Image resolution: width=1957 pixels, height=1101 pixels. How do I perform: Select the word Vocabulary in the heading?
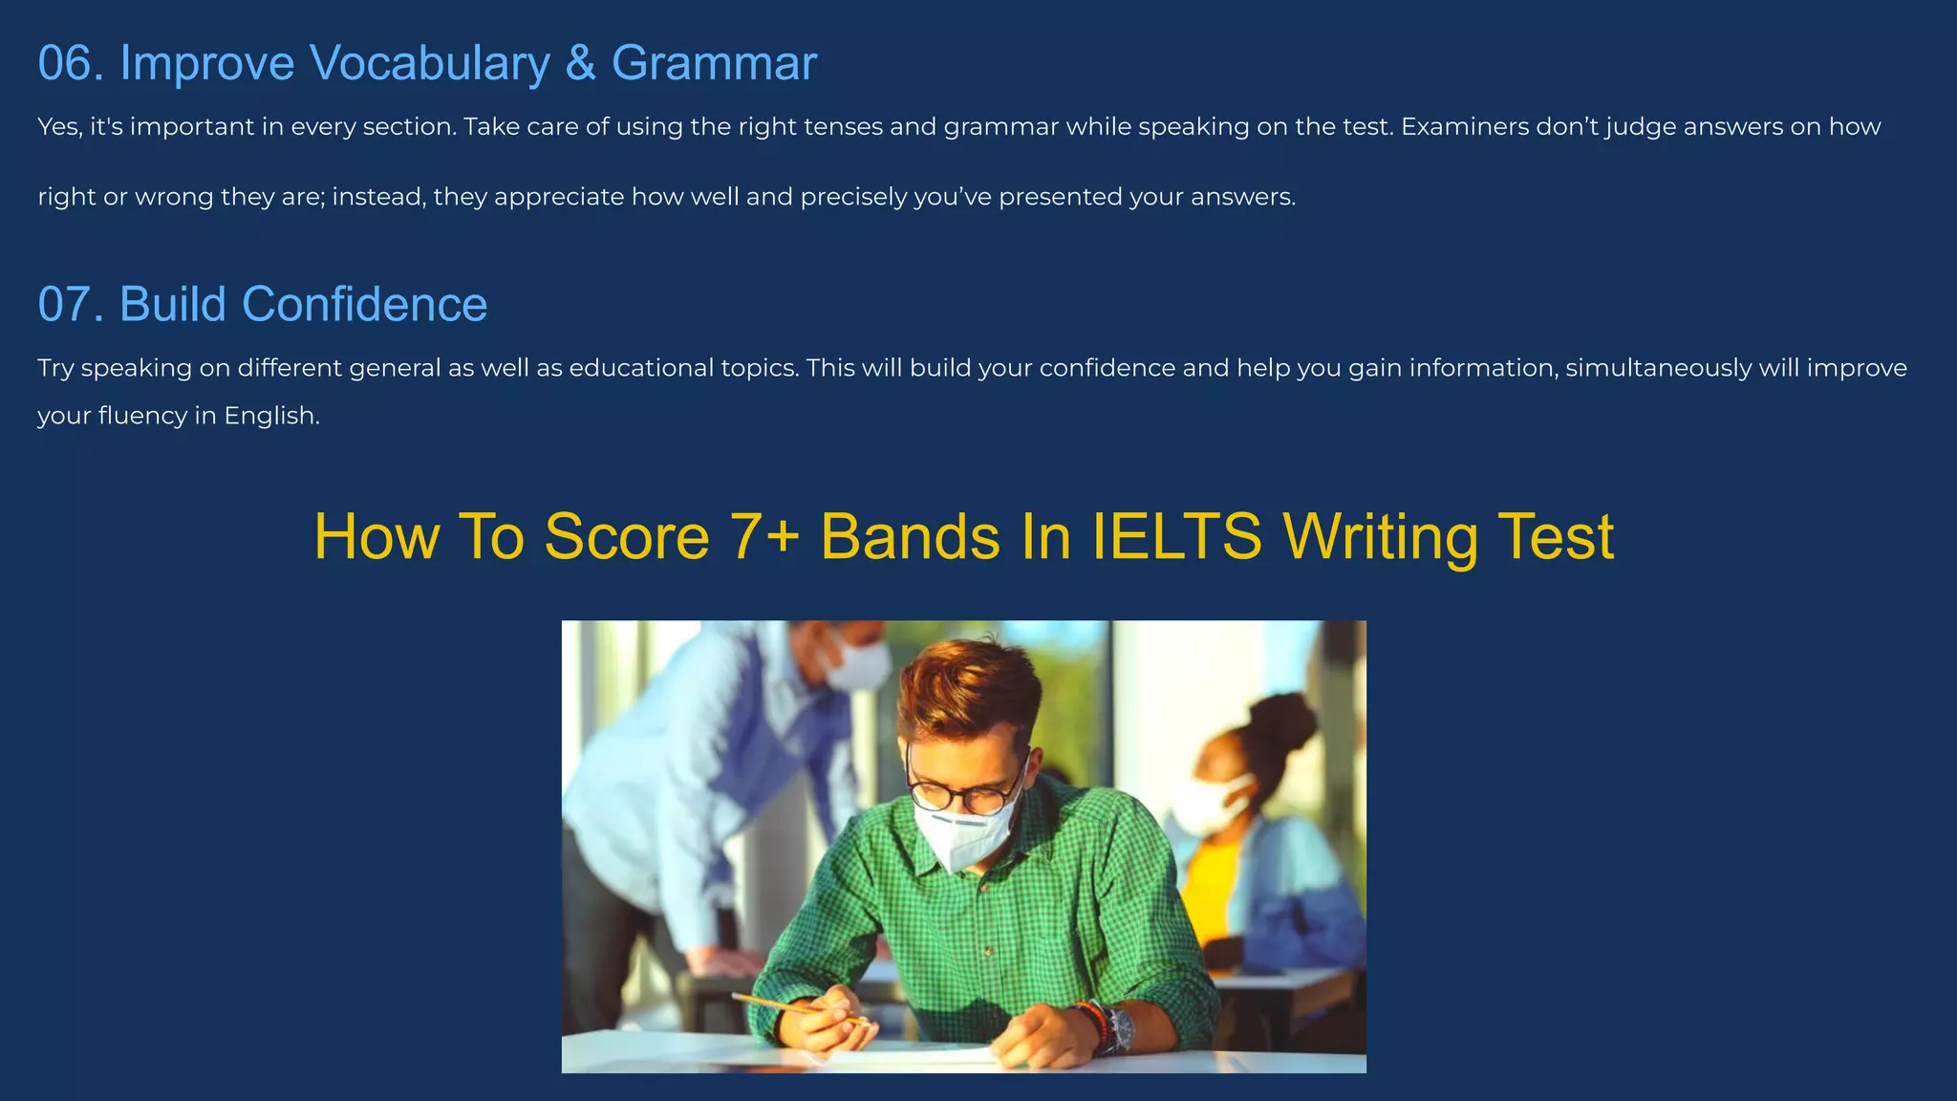[x=430, y=64]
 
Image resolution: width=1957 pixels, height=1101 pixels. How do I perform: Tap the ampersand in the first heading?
[x=580, y=64]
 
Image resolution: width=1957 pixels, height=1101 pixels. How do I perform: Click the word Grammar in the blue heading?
[x=714, y=64]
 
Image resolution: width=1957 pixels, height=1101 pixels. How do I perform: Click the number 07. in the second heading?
[x=71, y=305]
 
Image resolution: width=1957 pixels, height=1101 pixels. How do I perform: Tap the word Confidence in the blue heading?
[x=364, y=305]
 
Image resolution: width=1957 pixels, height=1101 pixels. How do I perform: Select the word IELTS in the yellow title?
[x=1176, y=536]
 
